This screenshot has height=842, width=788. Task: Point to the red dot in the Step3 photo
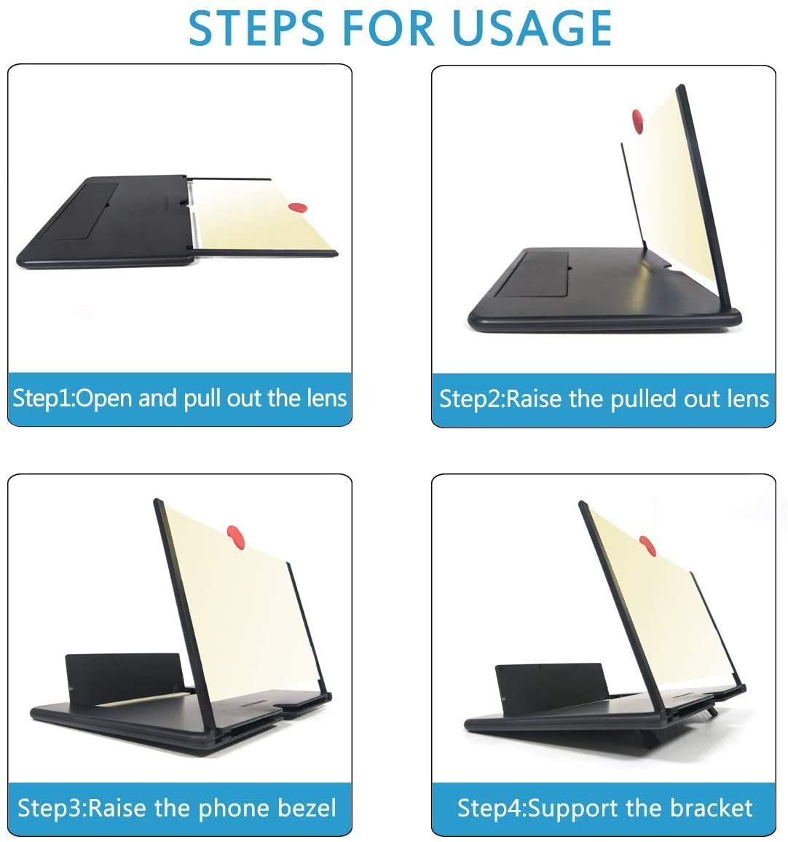[235, 536]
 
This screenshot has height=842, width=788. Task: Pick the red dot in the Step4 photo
[646, 544]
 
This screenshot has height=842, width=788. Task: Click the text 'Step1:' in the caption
[44, 398]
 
